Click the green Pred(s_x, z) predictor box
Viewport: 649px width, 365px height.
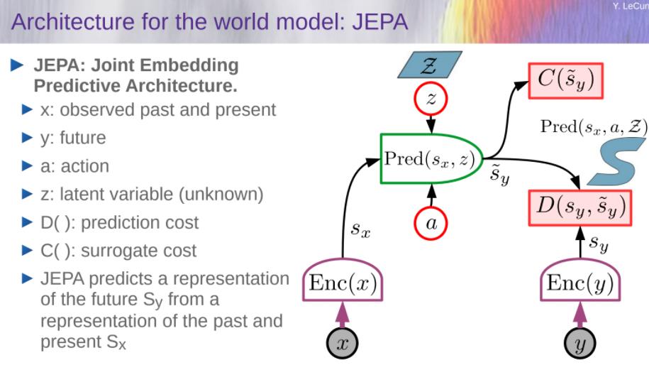(431, 158)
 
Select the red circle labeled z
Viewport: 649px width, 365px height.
(431, 99)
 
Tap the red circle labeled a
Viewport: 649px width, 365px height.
(431, 223)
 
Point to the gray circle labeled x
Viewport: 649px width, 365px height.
(343, 343)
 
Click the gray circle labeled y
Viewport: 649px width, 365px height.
(580, 343)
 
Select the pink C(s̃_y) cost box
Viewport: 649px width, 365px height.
(566, 80)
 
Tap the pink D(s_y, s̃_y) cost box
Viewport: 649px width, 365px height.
(580, 207)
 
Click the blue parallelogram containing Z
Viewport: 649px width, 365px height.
(430, 65)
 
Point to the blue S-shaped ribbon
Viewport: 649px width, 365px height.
(616, 162)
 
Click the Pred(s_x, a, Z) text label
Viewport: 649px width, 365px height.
(594, 126)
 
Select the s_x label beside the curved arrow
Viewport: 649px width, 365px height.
(360, 229)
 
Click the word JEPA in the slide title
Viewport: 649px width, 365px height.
(380, 21)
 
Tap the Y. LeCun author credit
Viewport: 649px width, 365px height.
(631, 6)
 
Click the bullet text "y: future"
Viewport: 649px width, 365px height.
(73, 138)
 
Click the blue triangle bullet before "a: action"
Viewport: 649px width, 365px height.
(27, 166)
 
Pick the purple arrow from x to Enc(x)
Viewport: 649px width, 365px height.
(343, 314)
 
